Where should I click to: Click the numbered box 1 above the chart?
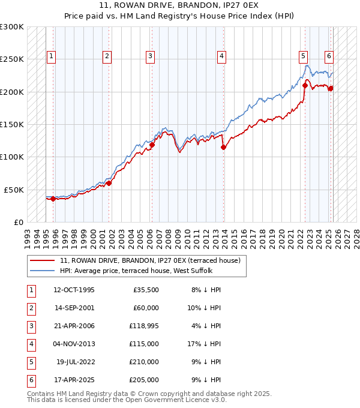point(51,56)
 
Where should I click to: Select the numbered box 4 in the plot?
point(221,56)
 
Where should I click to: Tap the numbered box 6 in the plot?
point(329,56)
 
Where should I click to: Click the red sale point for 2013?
point(223,147)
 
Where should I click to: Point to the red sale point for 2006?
point(152,145)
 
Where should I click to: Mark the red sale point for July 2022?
point(305,85)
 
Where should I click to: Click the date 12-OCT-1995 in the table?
point(74,290)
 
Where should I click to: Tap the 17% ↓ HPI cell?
point(205,344)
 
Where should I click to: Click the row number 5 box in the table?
point(31,362)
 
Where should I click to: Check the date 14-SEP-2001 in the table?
point(74,308)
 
